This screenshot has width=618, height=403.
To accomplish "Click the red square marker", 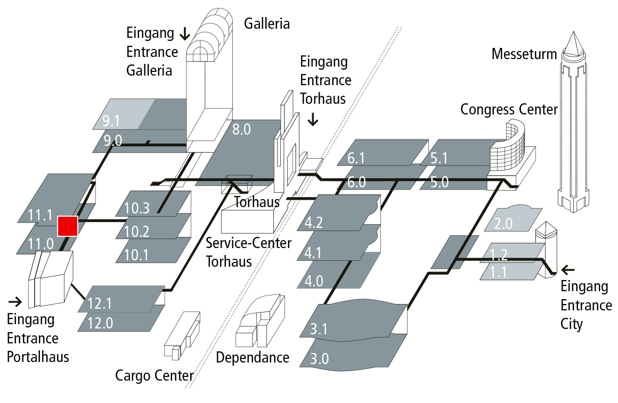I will click(x=68, y=226).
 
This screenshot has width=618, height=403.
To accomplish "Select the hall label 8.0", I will click(x=241, y=129).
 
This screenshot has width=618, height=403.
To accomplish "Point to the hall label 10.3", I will click(x=137, y=209).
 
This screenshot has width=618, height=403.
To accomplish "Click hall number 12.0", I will click(x=101, y=324).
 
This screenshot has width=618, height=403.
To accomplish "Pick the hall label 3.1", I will click(x=319, y=329).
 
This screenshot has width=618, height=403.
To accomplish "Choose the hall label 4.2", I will click(x=314, y=223).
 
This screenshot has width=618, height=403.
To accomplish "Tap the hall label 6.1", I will click(x=357, y=159).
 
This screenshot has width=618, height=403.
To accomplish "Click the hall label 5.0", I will click(x=440, y=182).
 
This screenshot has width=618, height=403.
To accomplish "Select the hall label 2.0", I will click(x=503, y=224).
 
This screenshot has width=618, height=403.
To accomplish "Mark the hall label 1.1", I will click(x=499, y=273).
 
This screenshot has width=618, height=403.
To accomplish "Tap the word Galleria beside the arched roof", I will click(x=267, y=23).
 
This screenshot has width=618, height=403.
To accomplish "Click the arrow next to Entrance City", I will click(x=570, y=269).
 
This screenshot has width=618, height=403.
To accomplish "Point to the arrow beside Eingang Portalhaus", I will click(x=15, y=302).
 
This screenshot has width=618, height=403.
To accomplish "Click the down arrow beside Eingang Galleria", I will click(x=185, y=35).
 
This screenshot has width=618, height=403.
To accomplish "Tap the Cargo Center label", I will click(x=154, y=376).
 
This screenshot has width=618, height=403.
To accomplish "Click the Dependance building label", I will click(x=253, y=357).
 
